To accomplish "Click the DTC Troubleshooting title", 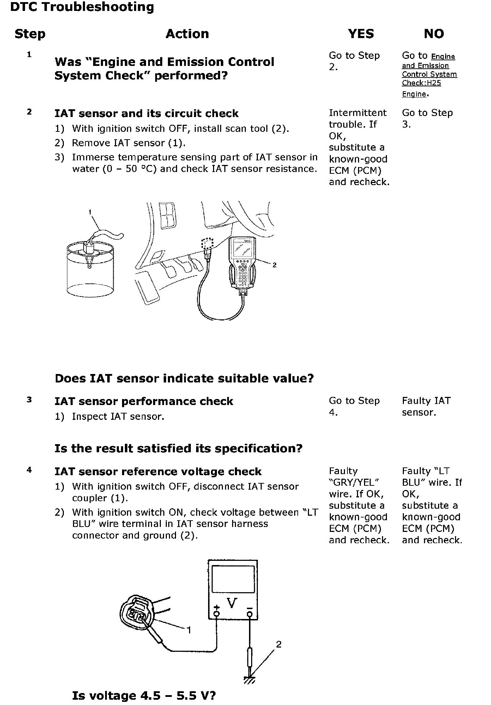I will point(82,7).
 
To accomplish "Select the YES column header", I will point(360,34).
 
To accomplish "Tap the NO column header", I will point(434,34).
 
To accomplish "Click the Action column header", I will point(187,34).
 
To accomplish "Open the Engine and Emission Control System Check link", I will point(429,74).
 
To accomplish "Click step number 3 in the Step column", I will point(29,400).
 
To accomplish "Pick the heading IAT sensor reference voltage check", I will point(158,472).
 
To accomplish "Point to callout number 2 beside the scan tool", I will point(274,265).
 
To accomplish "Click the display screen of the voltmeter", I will point(233,580).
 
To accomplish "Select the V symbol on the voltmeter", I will point(232,603).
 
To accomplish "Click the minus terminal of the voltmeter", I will point(250,614).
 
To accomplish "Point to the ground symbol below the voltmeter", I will point(250,680).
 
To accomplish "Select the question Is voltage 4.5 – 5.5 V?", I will point(144,695).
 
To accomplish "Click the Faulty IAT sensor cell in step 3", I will point(426,406).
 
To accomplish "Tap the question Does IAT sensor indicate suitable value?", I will point(184,379).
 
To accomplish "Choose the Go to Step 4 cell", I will point(354,406).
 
